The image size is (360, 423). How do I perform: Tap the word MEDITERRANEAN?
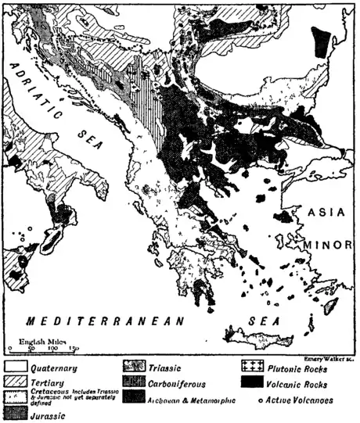(103, 321)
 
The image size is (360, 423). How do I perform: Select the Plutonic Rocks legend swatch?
(251, 365)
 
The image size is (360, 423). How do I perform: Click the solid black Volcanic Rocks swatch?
(251, 382)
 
